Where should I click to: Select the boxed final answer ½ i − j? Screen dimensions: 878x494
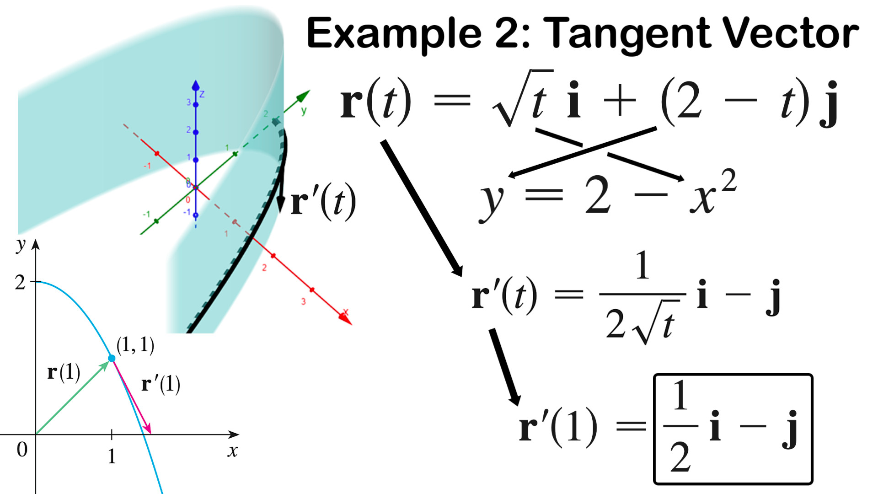(733, 429)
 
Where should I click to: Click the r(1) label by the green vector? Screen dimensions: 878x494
(64, 372)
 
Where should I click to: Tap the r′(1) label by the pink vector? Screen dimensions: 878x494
(161, 384)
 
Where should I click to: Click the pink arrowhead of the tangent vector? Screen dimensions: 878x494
(147, 428)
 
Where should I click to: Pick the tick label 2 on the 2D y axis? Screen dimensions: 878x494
(20, 283)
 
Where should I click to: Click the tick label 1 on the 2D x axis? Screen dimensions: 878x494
(112, 456)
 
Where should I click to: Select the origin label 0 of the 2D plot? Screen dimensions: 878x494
(22, 450)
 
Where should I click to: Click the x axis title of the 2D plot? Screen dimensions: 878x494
(233, 451)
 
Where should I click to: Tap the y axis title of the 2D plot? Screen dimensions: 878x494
(20, 245)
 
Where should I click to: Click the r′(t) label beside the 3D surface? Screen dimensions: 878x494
(323, 202)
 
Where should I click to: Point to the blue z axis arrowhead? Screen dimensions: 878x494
(196, 85)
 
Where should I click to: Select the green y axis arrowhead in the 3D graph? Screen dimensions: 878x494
(304, 96)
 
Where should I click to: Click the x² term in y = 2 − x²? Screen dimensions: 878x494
(713, 192)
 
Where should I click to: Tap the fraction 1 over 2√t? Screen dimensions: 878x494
(642, 297)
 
